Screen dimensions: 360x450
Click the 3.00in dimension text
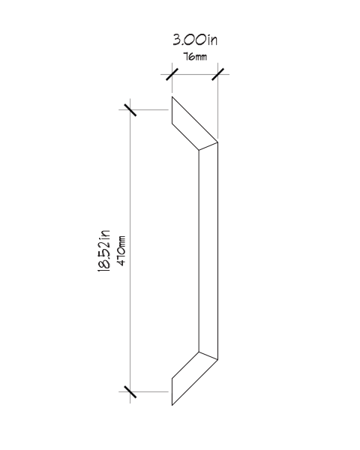195,40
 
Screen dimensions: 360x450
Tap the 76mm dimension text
195,56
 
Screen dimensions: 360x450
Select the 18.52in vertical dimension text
104,250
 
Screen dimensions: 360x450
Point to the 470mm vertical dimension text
121,251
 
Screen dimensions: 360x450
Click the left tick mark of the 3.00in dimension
172,74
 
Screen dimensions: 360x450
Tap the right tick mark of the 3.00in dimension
217,74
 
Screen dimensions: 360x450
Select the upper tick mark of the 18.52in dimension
130,109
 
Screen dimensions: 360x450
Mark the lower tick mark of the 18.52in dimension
130,391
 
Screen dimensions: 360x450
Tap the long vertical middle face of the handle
208,250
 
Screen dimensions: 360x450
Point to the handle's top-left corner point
172,97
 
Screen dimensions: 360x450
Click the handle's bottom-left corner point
172,405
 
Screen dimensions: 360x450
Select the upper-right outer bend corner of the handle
217,142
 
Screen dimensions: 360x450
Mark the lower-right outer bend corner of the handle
217,359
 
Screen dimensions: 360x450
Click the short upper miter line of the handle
208,146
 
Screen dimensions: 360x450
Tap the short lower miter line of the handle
208,355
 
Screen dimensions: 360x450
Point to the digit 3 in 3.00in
176,40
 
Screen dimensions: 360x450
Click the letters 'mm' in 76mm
201,58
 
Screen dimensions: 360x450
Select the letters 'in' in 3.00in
212,40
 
